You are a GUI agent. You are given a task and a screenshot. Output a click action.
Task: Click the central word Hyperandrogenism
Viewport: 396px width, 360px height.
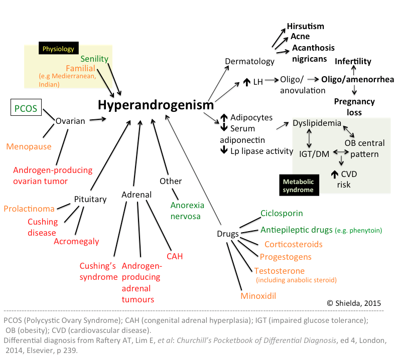click(156, 105)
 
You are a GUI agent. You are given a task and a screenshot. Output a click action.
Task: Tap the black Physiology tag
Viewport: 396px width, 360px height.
click(58, 49)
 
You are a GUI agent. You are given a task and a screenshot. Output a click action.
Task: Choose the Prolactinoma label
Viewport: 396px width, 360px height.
click(29, 208)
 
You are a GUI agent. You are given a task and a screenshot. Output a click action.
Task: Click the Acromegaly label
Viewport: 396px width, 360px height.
click(76, 241)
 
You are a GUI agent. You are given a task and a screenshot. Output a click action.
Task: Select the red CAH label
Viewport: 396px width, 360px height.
click(175, 256)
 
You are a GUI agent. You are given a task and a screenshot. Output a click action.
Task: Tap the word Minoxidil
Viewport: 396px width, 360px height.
click(258, 295)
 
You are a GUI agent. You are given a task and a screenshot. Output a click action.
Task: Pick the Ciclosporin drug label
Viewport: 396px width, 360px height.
click(282, 213)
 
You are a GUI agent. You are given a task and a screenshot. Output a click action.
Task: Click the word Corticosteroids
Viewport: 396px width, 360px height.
click(293, 244)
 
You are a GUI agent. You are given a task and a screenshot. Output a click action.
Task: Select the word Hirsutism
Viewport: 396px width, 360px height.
click(305, 27)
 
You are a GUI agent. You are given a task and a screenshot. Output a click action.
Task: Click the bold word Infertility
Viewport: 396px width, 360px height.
click(353, 61)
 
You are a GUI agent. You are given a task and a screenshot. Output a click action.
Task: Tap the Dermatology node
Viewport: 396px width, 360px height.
click(249, 62)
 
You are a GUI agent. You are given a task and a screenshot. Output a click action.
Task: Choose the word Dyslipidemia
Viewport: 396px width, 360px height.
click(317, 123)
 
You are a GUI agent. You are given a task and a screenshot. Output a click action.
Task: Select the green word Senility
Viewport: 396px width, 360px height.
click(94, 59)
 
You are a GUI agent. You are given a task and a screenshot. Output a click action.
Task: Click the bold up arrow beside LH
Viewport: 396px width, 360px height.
click(246, 82)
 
